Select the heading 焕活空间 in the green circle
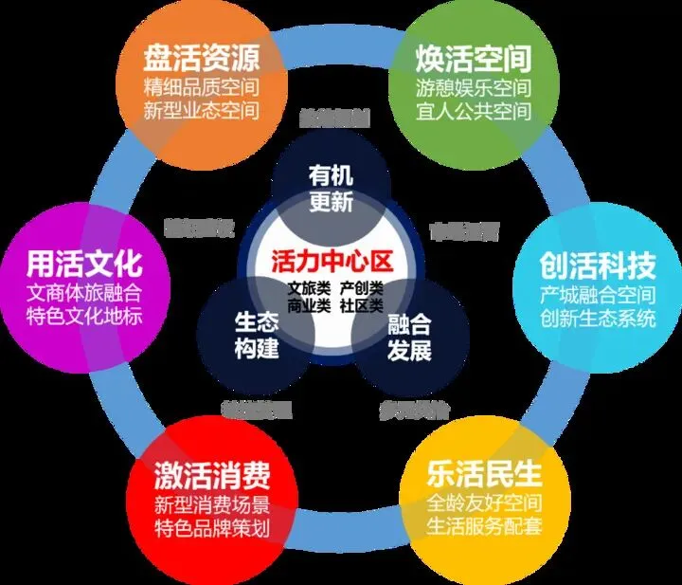tap(473, 58)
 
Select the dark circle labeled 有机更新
tap(331, 189)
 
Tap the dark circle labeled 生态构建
tap(257, 335)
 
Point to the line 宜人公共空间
tap(473, 110)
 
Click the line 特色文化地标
tap(84, 315)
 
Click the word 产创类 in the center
tap(362, 287)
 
